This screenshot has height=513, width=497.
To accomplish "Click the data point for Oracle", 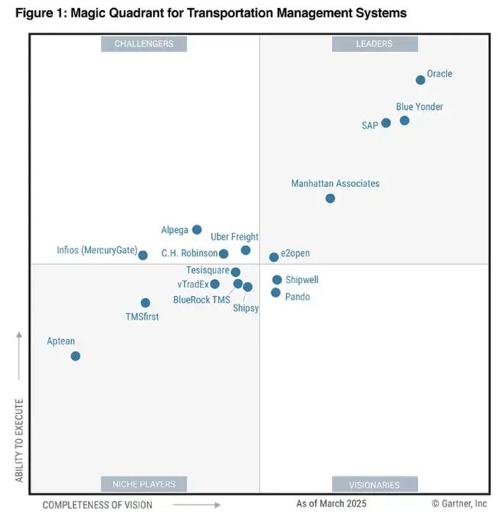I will pos(420,80).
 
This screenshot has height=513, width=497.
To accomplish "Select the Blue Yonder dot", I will pos(405,120).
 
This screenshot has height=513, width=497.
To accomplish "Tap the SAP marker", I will pos(386,123).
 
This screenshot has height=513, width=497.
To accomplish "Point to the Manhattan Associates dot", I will pos(330,198).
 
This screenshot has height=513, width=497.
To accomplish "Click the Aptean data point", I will pos(75,355).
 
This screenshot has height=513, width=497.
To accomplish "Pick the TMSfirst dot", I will pos(145,303).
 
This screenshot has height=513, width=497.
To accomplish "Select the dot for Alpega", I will pos(196,229).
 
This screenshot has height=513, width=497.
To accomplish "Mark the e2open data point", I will pos(273,257).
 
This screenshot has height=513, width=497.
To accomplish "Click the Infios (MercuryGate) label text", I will pos(97,251).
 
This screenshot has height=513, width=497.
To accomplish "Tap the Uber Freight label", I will pos(235,237).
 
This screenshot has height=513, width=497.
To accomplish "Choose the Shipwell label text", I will pos(302,280).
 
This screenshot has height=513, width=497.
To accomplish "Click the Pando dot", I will pos(276,292).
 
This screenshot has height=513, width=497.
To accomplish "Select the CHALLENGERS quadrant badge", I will pos(144,44).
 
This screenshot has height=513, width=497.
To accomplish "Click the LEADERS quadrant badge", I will pos(374,44).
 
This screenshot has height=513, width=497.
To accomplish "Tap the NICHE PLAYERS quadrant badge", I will pos(144,484).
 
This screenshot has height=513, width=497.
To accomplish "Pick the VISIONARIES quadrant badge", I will pos(374,484).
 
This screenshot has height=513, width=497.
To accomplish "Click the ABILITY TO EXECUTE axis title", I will pos(20,440).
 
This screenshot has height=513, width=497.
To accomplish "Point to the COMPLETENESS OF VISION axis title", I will pos(97,504).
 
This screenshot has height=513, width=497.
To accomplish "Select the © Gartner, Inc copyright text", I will pos(459,503).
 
